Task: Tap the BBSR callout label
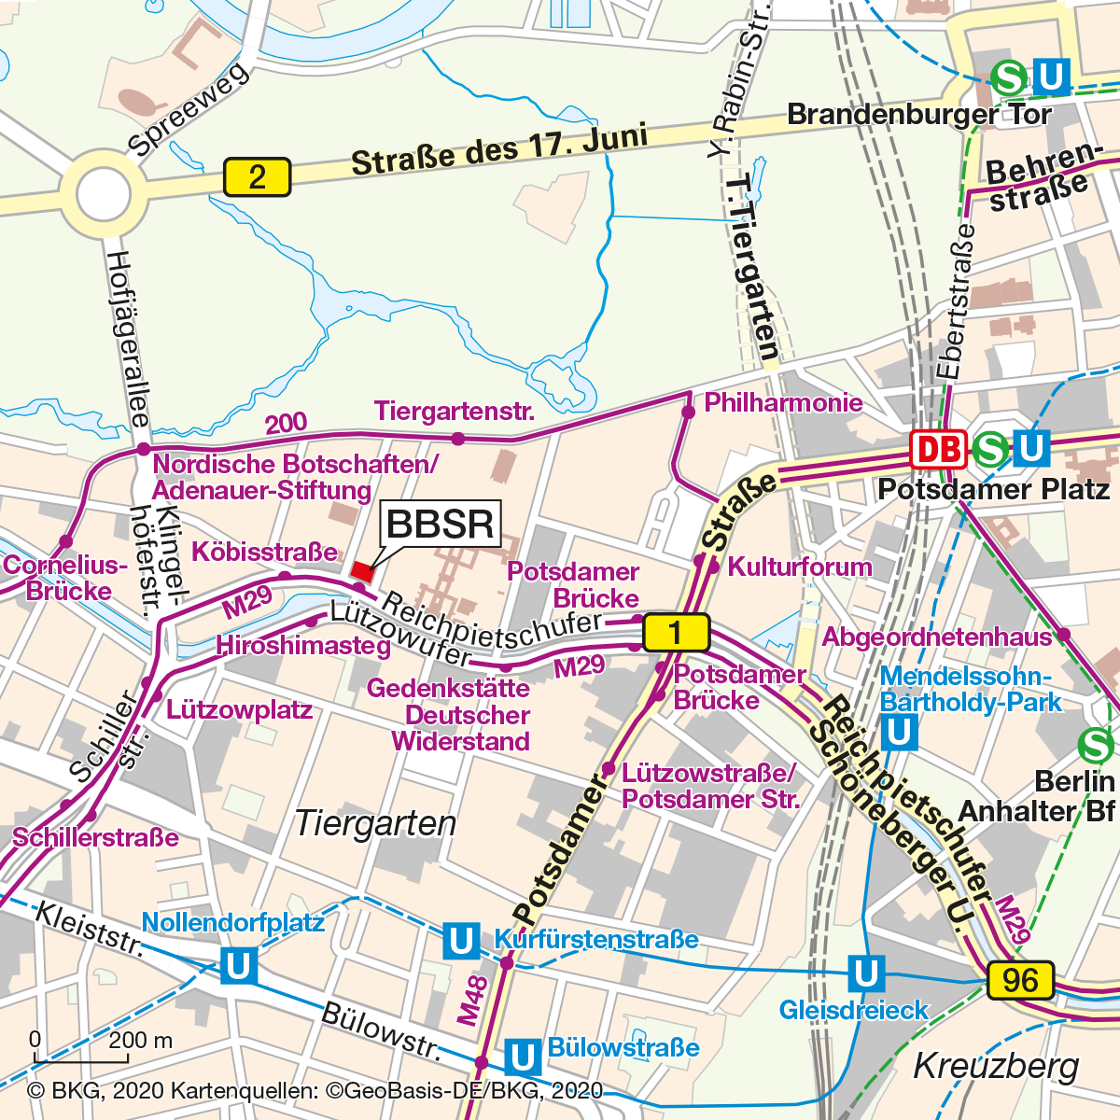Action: click(x=441, y=524)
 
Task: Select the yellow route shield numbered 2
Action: click(x=257, y=177)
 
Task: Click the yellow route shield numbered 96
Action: click(x=1020, y=981)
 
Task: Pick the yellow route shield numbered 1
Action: click(x=676, y=633)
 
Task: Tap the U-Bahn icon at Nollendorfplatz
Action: click(x=238, y=966)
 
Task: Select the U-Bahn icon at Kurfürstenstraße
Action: click(x=461, y=941)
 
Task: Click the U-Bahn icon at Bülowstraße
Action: click(x=523, y=1057)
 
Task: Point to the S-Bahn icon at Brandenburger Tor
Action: click(x=1009, y=77)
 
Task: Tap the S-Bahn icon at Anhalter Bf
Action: click(x=1096, y=745)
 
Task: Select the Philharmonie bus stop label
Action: click(x=783, y=403)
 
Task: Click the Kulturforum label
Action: click(x=800, y=567)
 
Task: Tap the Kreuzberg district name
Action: click(x=996, y=1066)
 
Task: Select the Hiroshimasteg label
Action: click(x=303, y=646)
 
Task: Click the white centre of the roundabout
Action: click(x=104, y=195)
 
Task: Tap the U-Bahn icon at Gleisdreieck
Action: click(x=865, y=973)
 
